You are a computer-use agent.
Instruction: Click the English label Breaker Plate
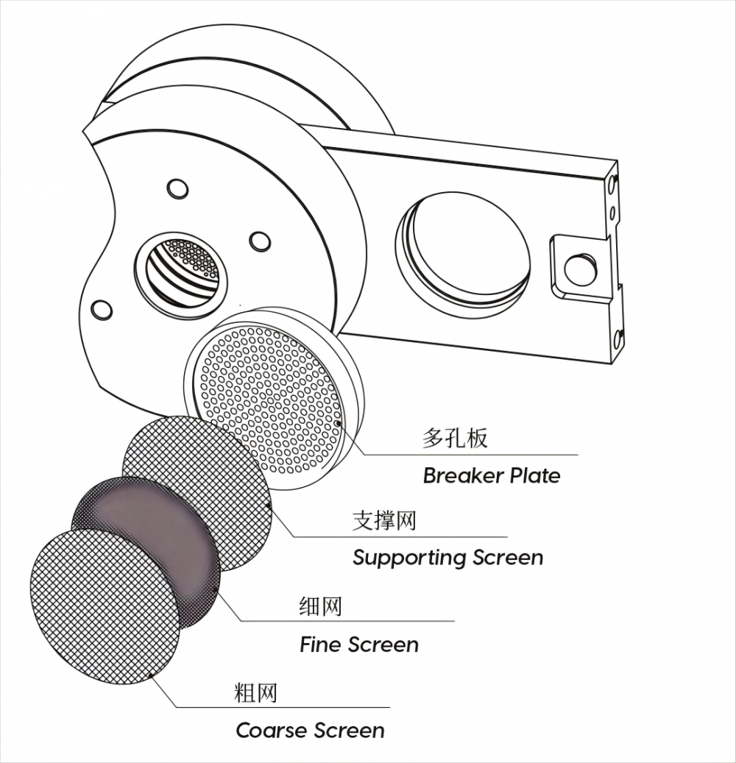pyautogui.click(x=491, y=475)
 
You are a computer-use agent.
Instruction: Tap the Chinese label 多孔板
pyautogui.click(x=455, y=439)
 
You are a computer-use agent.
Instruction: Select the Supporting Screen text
pyautogui.click(x=447, y=557)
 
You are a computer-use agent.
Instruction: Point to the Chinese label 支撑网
pyautogui.click(x=384, y=521)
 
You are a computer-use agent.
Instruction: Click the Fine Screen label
pyautogui.click(x=358, y=645)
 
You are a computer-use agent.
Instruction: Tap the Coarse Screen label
pyautogui.click(x=310, y=731)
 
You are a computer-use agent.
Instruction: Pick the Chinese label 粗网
pyautogui.click(x=255, y=693)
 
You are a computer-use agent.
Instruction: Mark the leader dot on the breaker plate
pyautogui.click(x=338, y=424)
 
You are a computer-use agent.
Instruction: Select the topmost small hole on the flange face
pyautogui.click(x=177, y=188)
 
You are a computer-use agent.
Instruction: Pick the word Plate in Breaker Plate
pyautogui.click(x=531, y=475)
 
